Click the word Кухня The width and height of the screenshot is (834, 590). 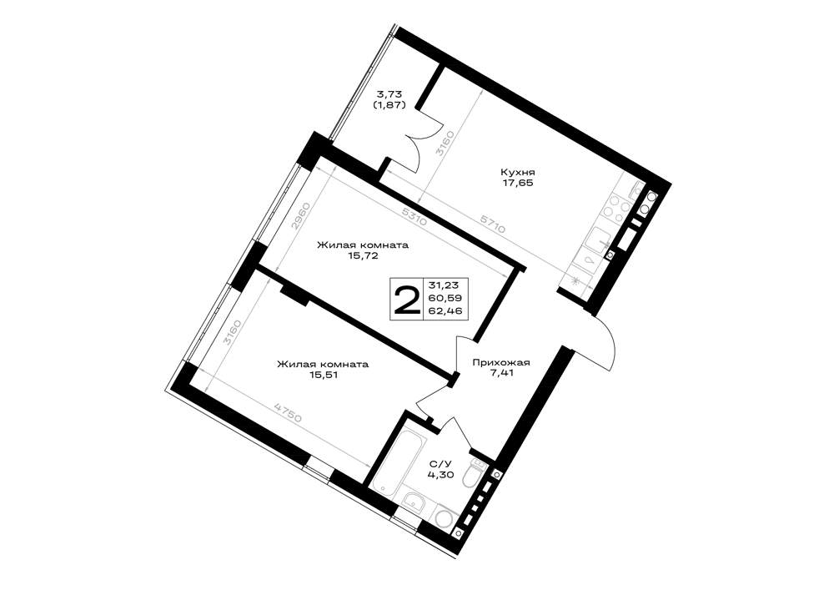pyautogui.click(x=517, y=173)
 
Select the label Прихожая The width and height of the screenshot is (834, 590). pyautogui.click(x=501, y=363)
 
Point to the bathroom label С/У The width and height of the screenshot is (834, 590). pyautogui.click(x=440, y=464)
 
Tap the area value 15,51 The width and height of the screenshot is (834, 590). pyautogui.click(x=322, y=375)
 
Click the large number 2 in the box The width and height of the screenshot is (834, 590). pyautogui.click(x=406, y=300)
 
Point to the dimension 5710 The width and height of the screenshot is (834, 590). pyautogui.click(x=492, y=224)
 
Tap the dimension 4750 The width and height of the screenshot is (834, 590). pyautogui.click(x=288, y=412)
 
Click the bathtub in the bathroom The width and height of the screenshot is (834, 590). pyautogui.click(x=391, y=457)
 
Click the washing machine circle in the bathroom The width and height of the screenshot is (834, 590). pyautogui.click(x=445, y=515)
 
